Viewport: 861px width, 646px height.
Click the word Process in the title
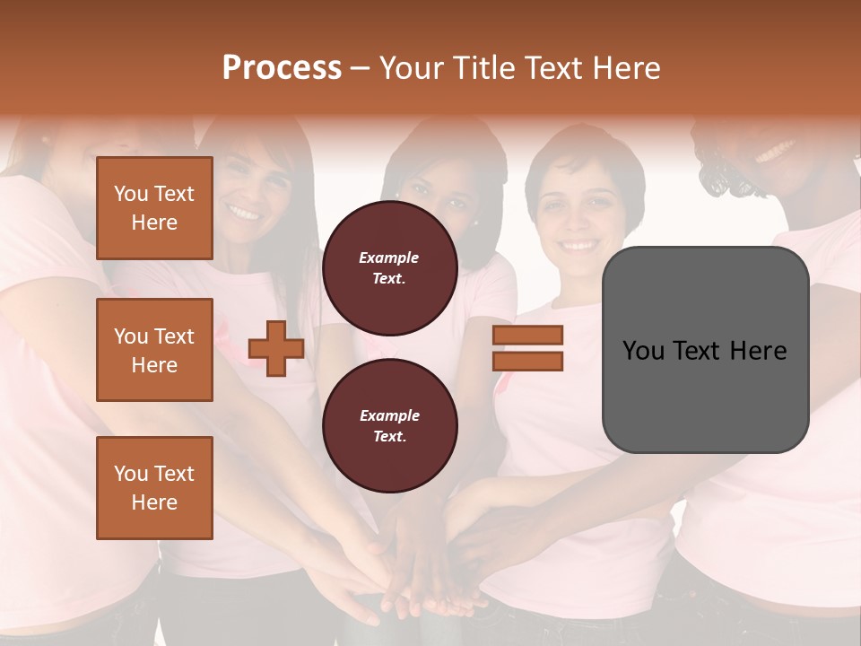282,68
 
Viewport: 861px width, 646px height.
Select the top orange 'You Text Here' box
154,208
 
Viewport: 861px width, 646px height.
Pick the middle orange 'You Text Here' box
154,350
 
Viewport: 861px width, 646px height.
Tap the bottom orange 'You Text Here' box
154,487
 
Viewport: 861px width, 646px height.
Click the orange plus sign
275,348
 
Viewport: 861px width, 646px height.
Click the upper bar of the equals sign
527,335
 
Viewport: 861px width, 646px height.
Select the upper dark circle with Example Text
389,267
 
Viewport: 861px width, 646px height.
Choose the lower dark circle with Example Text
389,425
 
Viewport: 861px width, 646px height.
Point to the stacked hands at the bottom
422,574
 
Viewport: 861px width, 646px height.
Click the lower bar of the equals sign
527,362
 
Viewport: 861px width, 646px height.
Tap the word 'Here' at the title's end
627,68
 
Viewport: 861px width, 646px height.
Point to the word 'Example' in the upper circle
389,258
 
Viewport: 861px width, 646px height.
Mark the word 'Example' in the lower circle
389,415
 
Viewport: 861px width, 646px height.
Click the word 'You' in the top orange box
131,194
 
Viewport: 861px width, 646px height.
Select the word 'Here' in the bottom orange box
154,502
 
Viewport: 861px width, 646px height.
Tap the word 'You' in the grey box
643,351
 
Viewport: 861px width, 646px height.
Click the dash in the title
361,68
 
